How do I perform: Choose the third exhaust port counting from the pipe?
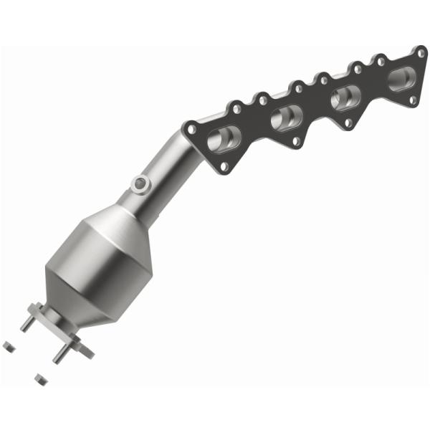click(346, 96)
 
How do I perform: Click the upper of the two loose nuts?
click(9, 347)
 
